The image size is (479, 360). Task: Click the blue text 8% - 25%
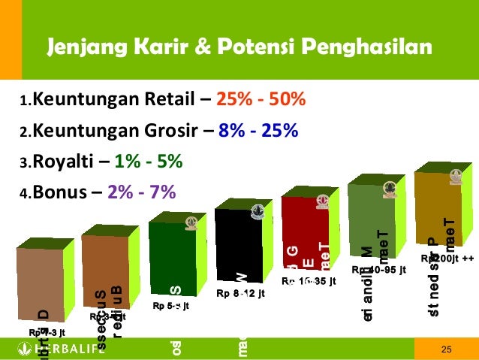(258, 132)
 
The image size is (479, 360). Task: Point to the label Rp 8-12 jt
(240, 293)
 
